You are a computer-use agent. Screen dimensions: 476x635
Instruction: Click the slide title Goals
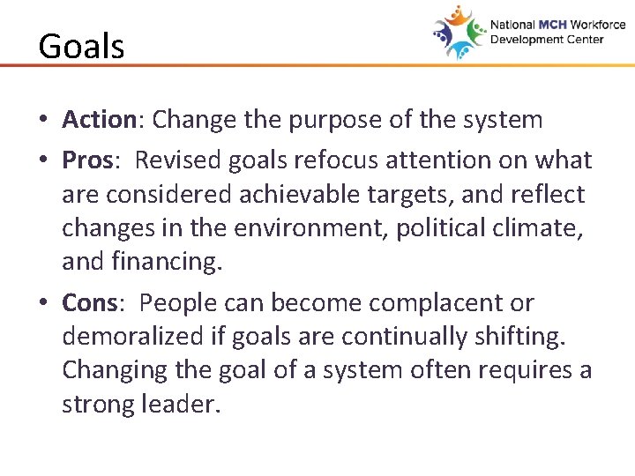(x=81, y=46)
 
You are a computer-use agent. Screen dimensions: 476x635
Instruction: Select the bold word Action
(x=98, y=119)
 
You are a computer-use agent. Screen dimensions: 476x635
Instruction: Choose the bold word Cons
(x=90, y=302)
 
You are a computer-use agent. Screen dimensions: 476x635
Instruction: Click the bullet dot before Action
(x=44, y=120)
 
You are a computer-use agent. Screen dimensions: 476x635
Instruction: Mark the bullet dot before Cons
(x=44, y=303)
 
